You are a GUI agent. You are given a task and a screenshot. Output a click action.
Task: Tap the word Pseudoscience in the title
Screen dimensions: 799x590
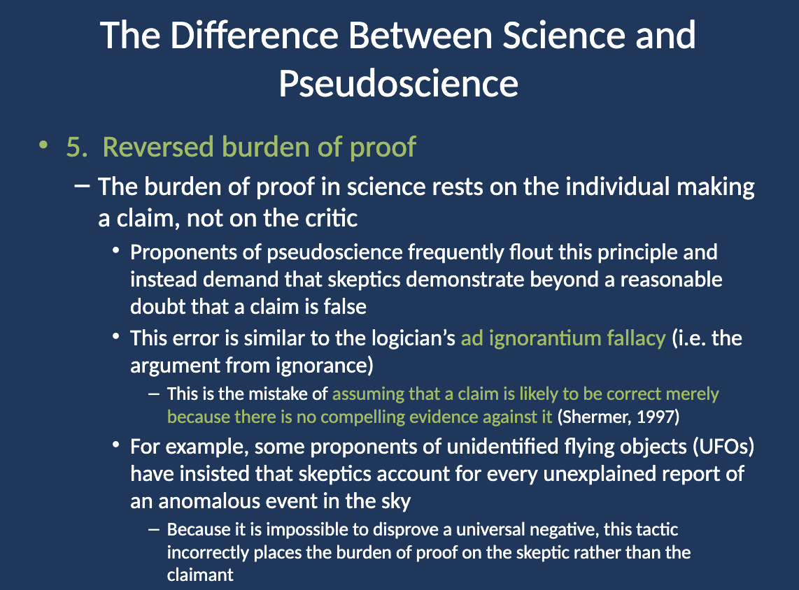point(399,83)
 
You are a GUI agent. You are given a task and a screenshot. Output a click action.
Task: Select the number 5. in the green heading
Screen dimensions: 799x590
point(77,147)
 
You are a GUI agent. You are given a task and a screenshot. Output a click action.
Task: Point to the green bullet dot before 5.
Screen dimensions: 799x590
point(43,145)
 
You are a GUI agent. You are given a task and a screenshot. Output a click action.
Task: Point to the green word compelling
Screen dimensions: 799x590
point(362,417)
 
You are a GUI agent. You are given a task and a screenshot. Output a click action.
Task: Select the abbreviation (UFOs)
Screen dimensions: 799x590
point(723,447)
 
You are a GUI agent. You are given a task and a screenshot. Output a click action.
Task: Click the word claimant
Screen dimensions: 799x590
point(200,575)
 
